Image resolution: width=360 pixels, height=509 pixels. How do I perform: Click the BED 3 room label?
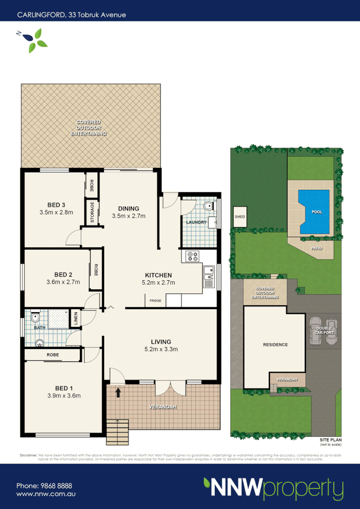(x=57, y=205)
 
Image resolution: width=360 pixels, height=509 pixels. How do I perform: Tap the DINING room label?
(x=128, y=208)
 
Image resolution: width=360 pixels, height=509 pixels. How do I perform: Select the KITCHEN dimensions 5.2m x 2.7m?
(x=158, y=283)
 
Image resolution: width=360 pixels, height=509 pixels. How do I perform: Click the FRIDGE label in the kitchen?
(x=155, y=301)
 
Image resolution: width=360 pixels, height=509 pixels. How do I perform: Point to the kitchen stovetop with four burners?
(x=192, y=256)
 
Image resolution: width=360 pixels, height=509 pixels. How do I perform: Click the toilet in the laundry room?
(x=208, y=206)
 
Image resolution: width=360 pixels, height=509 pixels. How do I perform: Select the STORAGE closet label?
(x=92, y=212)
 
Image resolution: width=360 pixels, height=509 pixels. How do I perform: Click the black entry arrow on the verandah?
(x=118, y=393)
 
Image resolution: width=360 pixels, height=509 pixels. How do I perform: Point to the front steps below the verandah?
(x=117, y=431)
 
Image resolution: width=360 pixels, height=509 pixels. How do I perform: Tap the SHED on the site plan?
(x=240, y=217)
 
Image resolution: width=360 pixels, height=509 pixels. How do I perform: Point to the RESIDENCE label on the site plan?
(x=275, y=344)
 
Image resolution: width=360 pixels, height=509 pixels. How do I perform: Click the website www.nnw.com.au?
(x=46, y=495)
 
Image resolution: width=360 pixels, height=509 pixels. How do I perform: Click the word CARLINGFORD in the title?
(x=40, y=15)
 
